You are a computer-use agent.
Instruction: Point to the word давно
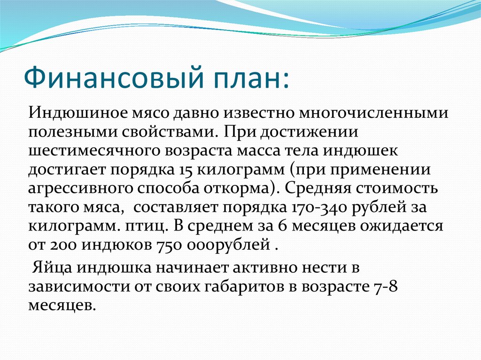[198, 114]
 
